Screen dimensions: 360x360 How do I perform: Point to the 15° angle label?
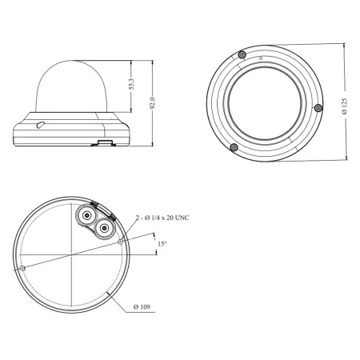(162, 243)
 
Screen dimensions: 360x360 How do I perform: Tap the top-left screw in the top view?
(242, 54)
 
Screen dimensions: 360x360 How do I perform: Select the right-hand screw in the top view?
(318, 108)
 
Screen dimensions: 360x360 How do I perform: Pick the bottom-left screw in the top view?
(233, 147)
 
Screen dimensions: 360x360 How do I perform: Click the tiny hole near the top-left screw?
(261, 59)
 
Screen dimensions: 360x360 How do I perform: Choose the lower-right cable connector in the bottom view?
(102, 230)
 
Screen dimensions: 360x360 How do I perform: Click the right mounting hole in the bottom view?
(119, 241)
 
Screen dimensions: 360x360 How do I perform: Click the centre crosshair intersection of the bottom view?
(71, 254)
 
